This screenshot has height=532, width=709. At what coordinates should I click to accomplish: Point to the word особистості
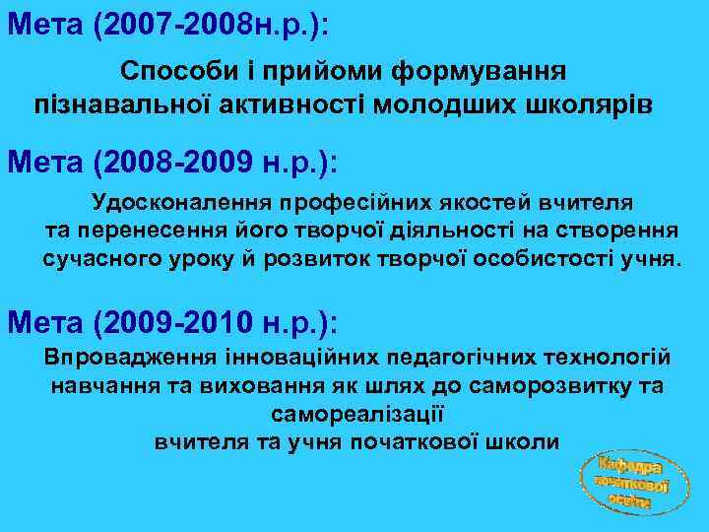click(x=543, y=260)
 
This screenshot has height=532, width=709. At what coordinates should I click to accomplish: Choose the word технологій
click(x=599, y=356)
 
